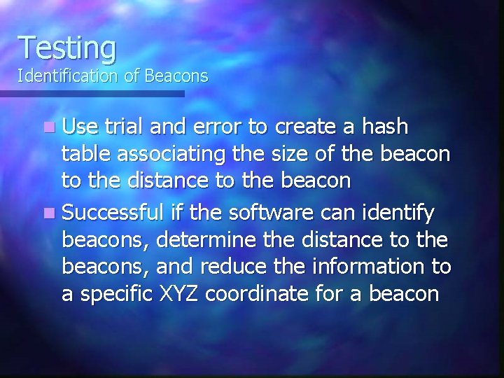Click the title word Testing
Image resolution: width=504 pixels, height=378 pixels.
67,48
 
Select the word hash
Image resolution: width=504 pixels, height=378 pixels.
384,128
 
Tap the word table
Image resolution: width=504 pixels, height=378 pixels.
85,155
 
